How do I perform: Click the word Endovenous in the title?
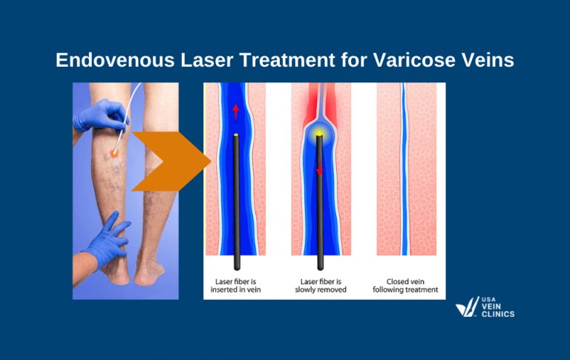(x=115, y=59)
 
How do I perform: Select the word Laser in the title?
(x=207, y=59)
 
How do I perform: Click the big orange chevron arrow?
(x=171, y=161)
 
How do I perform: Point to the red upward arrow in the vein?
(x=235, y=111)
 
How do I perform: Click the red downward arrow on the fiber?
(x=320, y=168)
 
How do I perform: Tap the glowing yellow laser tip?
(x=319, y=134)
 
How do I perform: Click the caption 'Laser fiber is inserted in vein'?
(x=235, y=286)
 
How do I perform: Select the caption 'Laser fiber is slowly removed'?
(x=321, y=286)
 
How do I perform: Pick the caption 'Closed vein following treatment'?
(x=405, y=286)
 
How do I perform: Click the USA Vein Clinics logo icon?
(x=467, y=307)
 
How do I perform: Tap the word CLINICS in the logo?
(x=498, y=314)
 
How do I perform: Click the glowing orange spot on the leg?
(x=114, y=153)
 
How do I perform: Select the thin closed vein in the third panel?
(x=404, y=168)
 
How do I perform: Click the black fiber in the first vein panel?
(x=236, y=202)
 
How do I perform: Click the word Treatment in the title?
(x=287, y=59)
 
